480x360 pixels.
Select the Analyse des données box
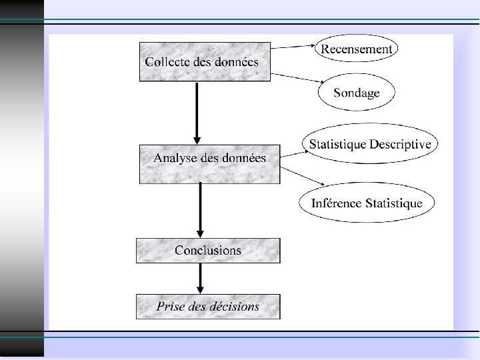click(209, 163)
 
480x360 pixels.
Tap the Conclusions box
click(208, 251)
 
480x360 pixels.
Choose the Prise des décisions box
click(208, 307)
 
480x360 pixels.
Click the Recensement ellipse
click(357, 49)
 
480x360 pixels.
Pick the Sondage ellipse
click(357, 93)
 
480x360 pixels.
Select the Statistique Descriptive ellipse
click(369, 144)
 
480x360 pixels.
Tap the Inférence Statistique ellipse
click(367, 203)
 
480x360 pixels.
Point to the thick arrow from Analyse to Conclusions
click(201, 210)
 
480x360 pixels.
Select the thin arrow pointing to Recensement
click(293, 47)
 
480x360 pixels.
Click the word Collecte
click(167, 61)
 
